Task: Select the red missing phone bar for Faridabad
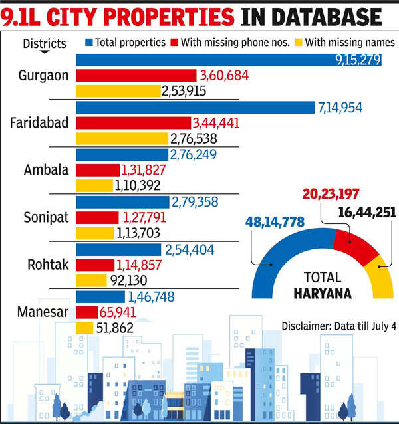point(133,123)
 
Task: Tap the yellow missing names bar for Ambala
point(94,186)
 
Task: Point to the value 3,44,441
point(215,123)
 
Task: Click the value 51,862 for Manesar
point(115,328)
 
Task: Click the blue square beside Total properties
point(89,43)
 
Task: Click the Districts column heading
point(45,44)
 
